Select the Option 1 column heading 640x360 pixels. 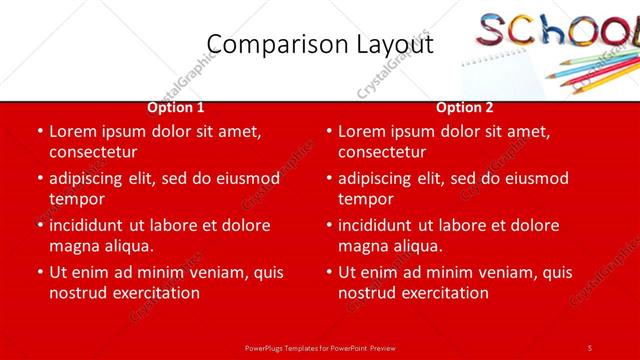point(176,107)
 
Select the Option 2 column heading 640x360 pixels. point(465,107)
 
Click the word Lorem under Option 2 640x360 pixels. point(363,131)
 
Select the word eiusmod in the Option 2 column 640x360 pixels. point(535,178)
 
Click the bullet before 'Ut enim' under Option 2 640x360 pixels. point(328,272)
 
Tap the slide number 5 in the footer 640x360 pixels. point(590,347)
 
